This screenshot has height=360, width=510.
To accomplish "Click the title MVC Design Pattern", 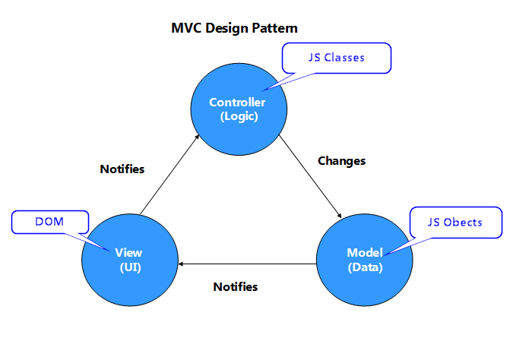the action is click(234, 28).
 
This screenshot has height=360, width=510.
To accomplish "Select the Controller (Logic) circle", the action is click(239, 109).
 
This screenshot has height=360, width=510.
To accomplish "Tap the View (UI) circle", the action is click(130, 260).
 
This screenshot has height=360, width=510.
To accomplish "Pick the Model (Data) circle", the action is click(365, 260).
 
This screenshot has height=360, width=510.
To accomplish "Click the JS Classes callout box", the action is click(337, 58).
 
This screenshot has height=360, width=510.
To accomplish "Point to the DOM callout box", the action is click(50, 222).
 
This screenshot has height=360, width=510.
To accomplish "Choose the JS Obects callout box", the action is click(456, 223).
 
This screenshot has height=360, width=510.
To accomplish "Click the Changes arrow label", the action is click(341, 161).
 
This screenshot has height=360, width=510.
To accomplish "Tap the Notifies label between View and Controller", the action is click(122, 169).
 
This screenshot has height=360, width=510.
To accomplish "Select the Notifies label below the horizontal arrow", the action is click(236, 286).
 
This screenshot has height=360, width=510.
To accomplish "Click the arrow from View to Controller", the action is click(169, 175).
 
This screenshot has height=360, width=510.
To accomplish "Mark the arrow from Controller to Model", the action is click(310, 176).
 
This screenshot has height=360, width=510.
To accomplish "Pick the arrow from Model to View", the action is click(248, 264).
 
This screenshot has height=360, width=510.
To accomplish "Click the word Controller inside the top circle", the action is click(237, 103).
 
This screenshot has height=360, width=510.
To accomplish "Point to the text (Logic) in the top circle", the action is click(239, 116).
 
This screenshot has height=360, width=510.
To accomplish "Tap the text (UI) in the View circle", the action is click(131, 267).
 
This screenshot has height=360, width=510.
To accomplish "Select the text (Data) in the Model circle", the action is click(366, 267).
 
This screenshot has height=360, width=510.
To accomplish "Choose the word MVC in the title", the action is click(186, 28).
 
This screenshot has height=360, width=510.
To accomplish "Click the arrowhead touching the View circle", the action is click(181, 264).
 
